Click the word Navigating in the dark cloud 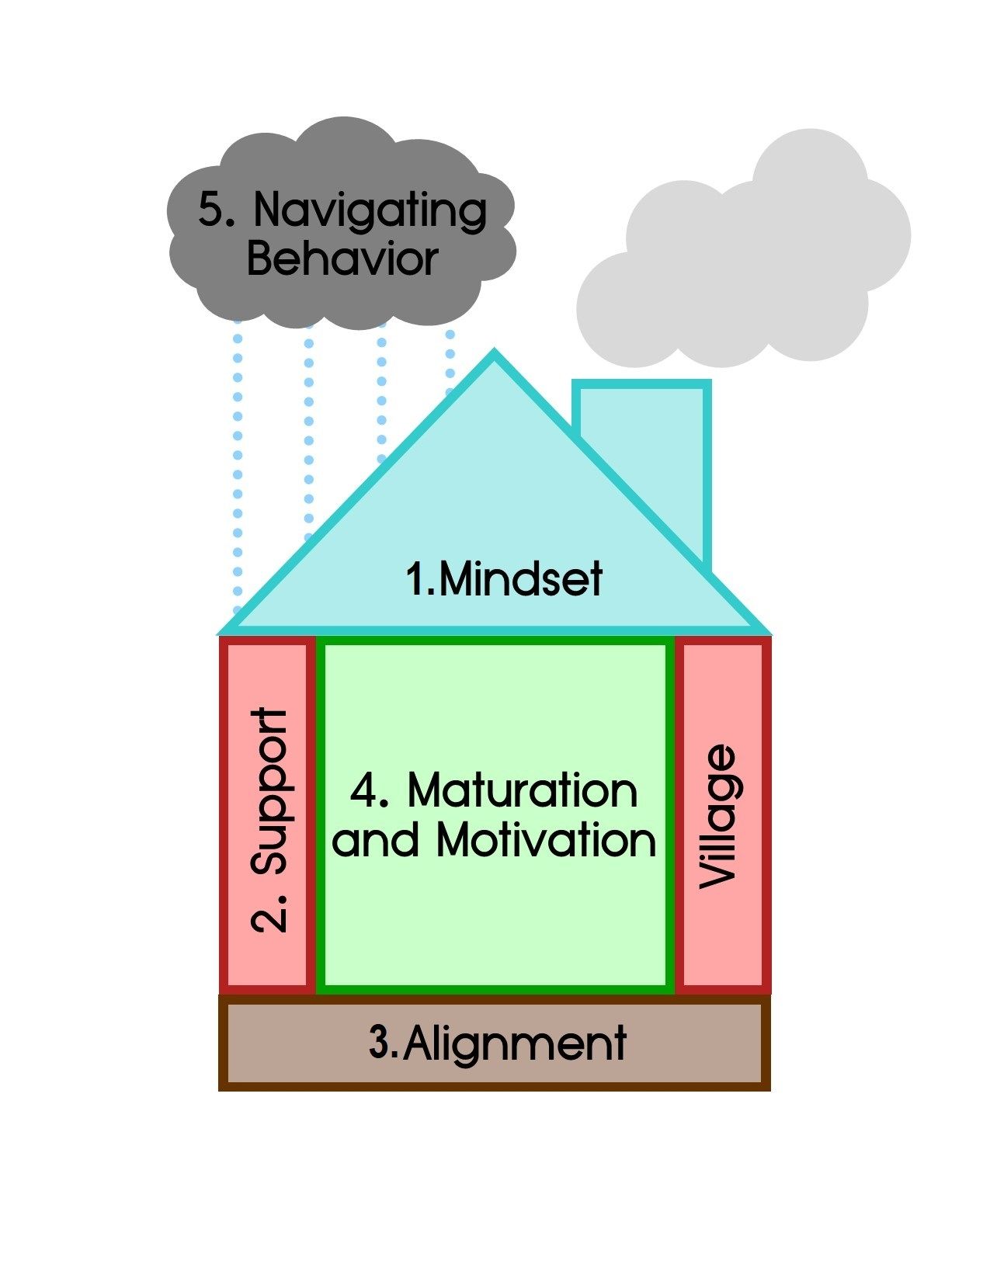coord(370,211)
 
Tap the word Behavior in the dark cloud coord(342,259)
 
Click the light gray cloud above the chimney coord(745,256)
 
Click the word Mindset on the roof coord(520,579)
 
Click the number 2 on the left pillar coord(271,913)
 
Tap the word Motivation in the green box coord(546,840)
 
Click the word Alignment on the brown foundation coord(514,1043)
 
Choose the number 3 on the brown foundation coord(382,1043)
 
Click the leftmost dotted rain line coord(238,466)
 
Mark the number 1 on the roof coord(417,579)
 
